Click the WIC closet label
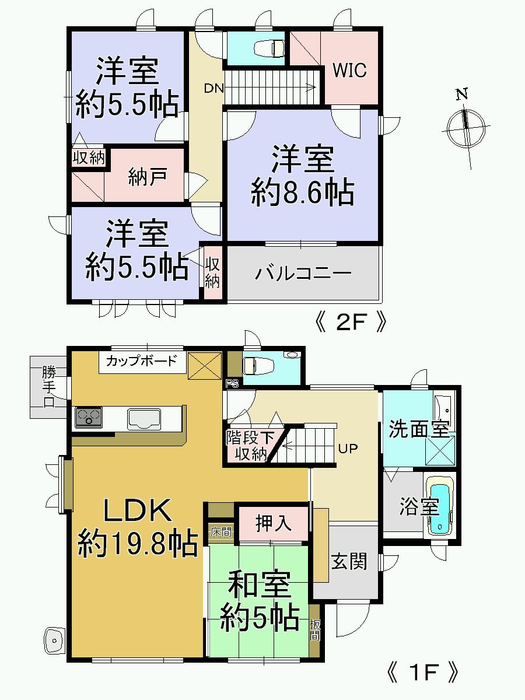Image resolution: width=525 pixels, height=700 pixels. click(x=349, y=70)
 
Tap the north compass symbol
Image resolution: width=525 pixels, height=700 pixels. click(x=466, y=125)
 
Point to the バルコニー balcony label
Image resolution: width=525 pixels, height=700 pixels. click(x=303, y=273)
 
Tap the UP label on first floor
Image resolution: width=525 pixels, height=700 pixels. click(x=348, y=449)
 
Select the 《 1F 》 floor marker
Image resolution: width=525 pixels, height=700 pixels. click(x=422, y=673)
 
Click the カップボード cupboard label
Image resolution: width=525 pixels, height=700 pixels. click(x=141, y=360)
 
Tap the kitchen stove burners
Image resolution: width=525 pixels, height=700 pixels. click(x=88, y=417)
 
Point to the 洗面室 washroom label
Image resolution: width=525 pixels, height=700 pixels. click(x=419, y=430)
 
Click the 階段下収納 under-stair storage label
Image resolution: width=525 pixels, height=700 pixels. click(x=250, y=446)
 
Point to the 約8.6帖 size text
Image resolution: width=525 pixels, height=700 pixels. click(x=303, y=191)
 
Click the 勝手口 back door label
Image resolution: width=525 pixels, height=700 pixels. click(x=48, y=387)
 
